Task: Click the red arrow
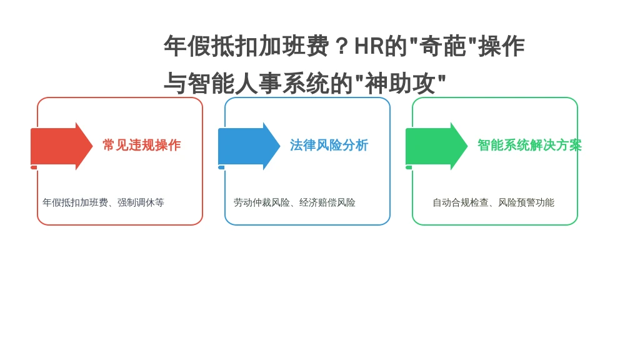coord(61,146)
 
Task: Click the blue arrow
coord(249,146)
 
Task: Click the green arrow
coord(436,146)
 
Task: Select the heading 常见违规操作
coord(142,145)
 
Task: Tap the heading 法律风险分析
coord(329,145)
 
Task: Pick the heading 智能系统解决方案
coord(529,145)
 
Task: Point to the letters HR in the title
coord(369,46)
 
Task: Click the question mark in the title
coord(342,46)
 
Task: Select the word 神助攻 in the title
coord(400,83)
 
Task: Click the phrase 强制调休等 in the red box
coord(141,202)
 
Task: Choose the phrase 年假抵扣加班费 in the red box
coord(75,202)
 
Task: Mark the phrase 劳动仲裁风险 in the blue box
coord(262,202)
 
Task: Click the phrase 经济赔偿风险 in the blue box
coord(327,202)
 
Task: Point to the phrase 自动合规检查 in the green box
coord(461,202)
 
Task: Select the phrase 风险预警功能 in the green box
coord(526,202)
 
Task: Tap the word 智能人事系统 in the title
coord(258,83)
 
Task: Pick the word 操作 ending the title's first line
coord(501,46)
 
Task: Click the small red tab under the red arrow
coord(34,167)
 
